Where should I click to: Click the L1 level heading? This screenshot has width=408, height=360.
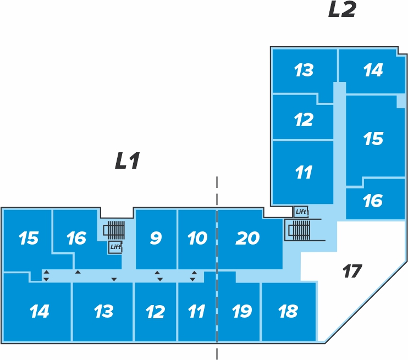128,161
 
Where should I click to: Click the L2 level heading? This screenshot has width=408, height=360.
342,10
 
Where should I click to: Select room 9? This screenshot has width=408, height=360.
156,239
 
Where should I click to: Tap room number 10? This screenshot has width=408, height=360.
197,239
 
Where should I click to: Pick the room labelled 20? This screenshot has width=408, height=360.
247,239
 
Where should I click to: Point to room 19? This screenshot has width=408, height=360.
241,312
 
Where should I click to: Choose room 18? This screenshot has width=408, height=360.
288,312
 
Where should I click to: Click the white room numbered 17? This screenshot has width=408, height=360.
352,271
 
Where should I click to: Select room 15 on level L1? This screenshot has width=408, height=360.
28,239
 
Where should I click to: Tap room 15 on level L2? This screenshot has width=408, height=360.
373,139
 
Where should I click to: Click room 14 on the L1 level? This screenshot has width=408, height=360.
39,312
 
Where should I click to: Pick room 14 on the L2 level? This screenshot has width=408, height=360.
373,70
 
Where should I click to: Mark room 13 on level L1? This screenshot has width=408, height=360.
103,312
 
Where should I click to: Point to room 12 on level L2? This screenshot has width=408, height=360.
304,119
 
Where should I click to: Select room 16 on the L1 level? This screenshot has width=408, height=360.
76,239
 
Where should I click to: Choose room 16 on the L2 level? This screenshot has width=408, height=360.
373,201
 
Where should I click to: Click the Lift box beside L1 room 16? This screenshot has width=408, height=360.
115,247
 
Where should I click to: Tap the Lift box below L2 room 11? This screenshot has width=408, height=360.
301,212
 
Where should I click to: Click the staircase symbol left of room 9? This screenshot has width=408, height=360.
115,230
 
